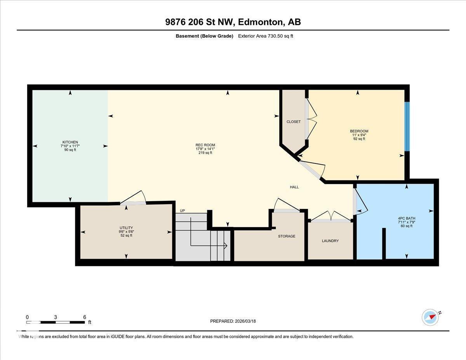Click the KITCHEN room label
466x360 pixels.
70,142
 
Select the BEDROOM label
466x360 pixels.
359,131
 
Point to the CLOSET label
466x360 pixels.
294,122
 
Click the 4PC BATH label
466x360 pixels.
406,218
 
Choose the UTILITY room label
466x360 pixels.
126,228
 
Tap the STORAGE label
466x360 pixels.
287,236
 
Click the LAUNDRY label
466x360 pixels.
330,241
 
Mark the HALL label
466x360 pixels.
294,187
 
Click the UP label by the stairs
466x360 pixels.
182,210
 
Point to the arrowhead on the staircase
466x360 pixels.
225,245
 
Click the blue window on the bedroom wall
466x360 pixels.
407,126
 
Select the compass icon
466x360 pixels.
430,317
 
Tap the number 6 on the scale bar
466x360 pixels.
84,317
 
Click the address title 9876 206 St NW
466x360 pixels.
233,22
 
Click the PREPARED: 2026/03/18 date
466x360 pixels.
233,321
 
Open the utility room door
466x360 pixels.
133,198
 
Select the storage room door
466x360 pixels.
286,205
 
